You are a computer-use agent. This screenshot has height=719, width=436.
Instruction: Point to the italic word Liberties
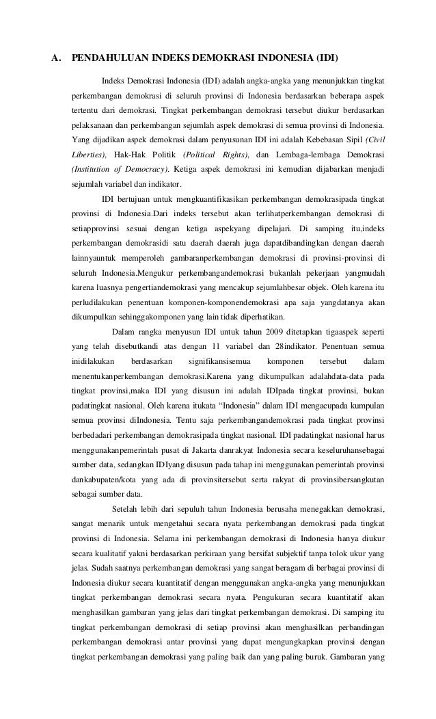tap(90, 155)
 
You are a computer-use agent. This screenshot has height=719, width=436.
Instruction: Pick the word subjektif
tap(307, 551)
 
